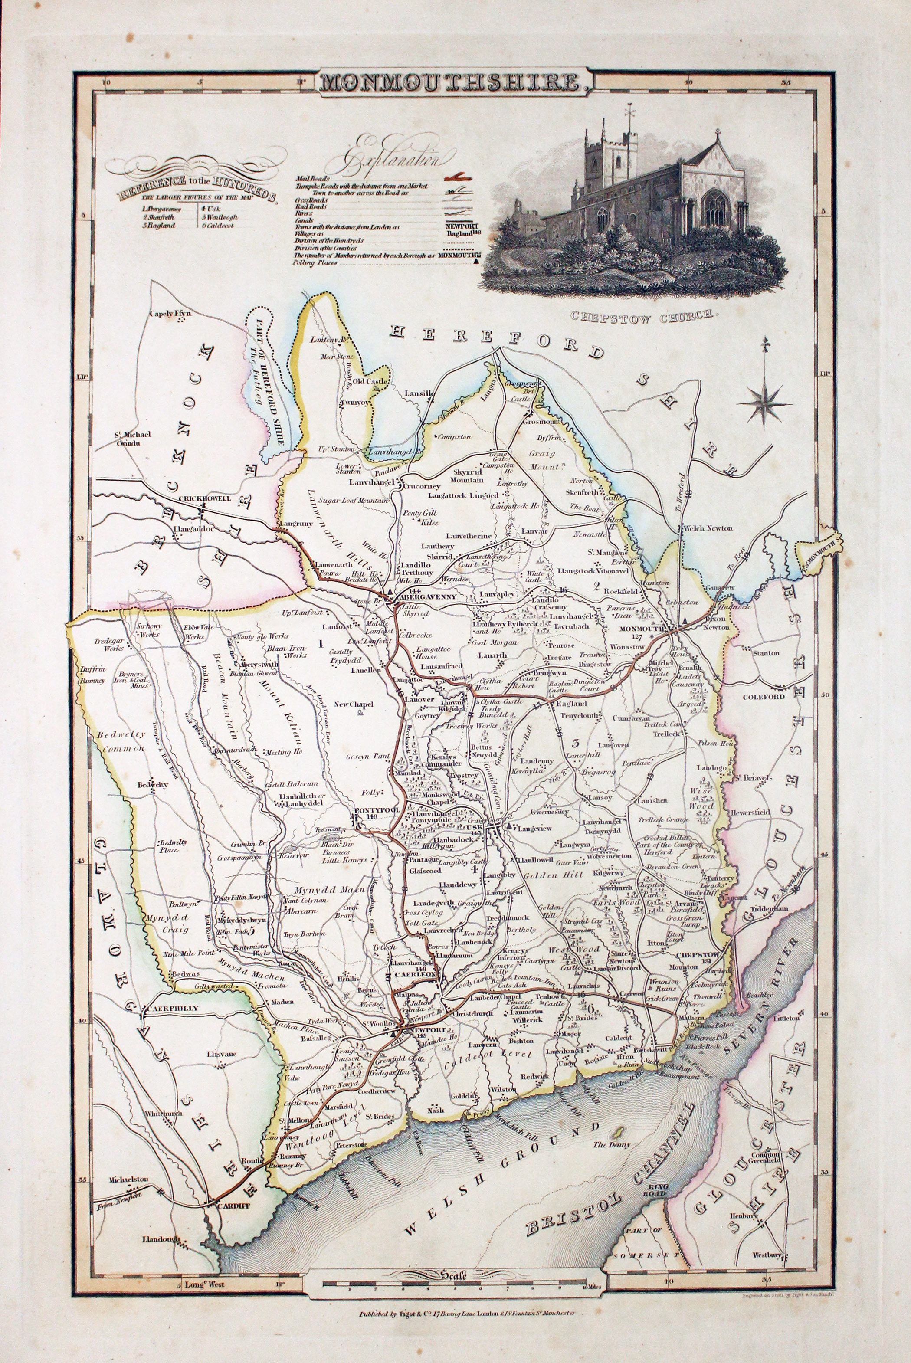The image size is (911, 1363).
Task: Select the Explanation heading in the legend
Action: (x=397, y=157)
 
